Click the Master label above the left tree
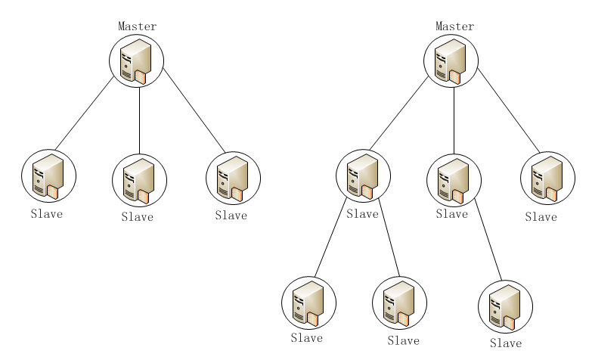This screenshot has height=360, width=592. pyautogui.click(x=137, y=26)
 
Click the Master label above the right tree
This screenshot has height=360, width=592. pyautogui.click(x=454, y=26)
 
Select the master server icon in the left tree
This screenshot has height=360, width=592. pyautogui.click(x=136, y=61)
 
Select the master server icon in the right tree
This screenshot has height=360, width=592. pyautogui.click(x=451, y=61)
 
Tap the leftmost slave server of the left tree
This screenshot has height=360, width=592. pyautogui.click(x=48, y=175)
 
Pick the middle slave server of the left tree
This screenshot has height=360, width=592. pyautogui.click(x=139, y=182)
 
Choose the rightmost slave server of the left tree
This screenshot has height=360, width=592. pyautogui.click(x=233, y=178)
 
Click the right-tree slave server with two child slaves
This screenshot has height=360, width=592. pyautogui.click(x=363, y=176)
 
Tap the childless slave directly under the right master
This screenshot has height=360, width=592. pyautogui.click(x=547, y=178)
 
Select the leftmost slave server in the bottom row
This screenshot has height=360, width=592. pyautogui.click(x=308, y=303)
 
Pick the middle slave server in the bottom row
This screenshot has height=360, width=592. pyautogui.click(x=399, y=303)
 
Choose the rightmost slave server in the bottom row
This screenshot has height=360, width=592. pyautogui.click(x=505, y=306)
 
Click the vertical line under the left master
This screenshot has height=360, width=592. pyautogui.click(x=139, y=121)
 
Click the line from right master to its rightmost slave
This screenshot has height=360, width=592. pyautogui.click(x=508, y=110)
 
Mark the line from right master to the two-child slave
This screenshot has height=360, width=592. pyautogui.click(x=398, y=112)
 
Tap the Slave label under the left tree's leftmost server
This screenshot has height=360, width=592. pyautogui.click(x=46, y=214)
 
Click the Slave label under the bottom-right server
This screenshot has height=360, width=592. pyautogui.click(x=506, y=343)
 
